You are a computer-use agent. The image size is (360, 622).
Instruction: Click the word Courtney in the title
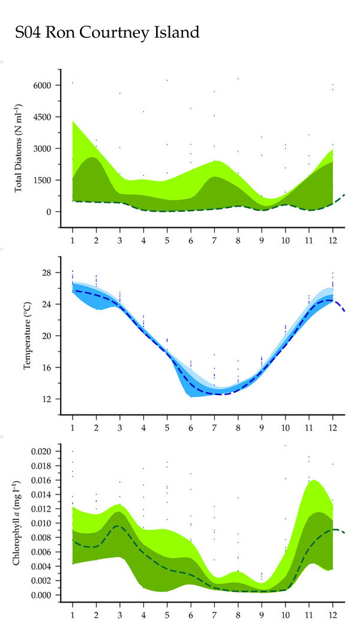tap(112, 32)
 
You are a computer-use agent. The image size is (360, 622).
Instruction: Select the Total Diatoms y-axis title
tap(18, 148)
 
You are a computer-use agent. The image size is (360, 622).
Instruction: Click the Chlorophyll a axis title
tap(18, 522)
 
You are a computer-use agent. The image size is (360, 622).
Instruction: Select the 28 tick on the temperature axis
tap(47, 273)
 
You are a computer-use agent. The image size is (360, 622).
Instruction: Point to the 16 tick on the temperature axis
tap(47, 367)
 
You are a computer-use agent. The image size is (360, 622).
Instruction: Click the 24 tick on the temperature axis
tap(47, 304)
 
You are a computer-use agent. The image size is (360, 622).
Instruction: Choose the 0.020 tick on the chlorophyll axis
tap(43, 451)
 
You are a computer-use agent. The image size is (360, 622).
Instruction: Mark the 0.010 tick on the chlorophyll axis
tap(43, 523)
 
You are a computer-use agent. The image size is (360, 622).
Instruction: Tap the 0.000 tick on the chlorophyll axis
tap(43, 595)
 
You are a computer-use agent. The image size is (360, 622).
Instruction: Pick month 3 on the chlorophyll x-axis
tap(119, 614)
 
